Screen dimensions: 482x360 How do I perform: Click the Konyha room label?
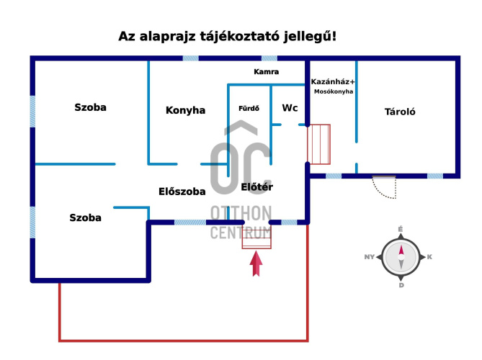click(185, 110)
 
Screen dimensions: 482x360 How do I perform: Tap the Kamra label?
click(266, 72)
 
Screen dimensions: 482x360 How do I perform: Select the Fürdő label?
click(249, 109)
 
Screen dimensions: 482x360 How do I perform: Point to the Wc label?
click(290, 108)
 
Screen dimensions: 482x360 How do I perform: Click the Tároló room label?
click(400, 112)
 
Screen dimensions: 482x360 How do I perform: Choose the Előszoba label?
click(182, 192)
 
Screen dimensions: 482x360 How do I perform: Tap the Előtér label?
click(257, 186)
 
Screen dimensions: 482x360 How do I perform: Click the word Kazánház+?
click(333, 81)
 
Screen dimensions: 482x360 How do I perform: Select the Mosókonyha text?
click(334, 91)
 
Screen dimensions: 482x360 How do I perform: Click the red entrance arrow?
click(256, 264)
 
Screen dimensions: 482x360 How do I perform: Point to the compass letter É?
click(401, 229)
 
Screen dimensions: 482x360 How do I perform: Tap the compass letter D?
click(401, 285)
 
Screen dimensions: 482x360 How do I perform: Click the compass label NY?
click(369, 257)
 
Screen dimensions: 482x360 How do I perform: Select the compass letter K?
click(429, 257)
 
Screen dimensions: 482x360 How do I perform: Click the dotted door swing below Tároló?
click(384, 187)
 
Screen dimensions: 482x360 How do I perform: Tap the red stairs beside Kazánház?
click(318, 144)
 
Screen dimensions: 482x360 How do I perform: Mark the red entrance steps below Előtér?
click(256, 236)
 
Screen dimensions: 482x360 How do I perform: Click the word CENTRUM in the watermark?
click(241, 233)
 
